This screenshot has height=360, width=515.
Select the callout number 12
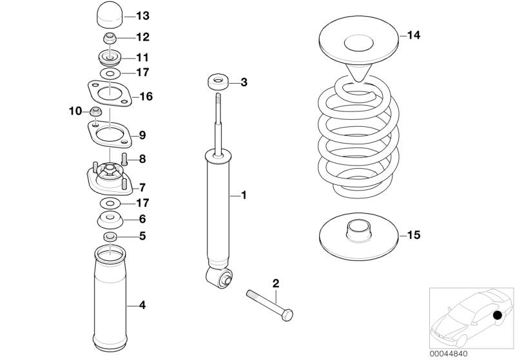(142, 37)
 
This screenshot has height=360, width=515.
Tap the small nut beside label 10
(95, 113)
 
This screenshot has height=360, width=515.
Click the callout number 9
(142, 135)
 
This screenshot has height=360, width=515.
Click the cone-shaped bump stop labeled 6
(111, 220)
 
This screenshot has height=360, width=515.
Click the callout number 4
(142, 305)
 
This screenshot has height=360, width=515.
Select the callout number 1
(243, 194)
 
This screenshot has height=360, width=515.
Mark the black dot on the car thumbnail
(498, 316)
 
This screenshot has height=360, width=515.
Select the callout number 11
(142, 57)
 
